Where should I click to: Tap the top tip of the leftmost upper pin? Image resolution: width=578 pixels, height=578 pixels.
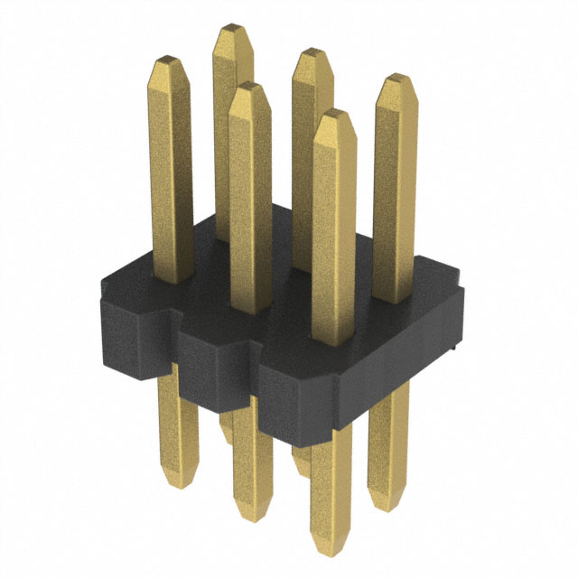coord(171,61)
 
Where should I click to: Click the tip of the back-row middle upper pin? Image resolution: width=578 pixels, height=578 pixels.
coord(312,51)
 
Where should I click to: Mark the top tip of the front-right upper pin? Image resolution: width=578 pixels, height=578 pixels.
coord(332,113)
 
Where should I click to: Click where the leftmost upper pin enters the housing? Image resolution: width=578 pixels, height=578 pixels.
coord(172,278)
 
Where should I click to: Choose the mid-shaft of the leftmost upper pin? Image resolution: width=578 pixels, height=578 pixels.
coord(172,172)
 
